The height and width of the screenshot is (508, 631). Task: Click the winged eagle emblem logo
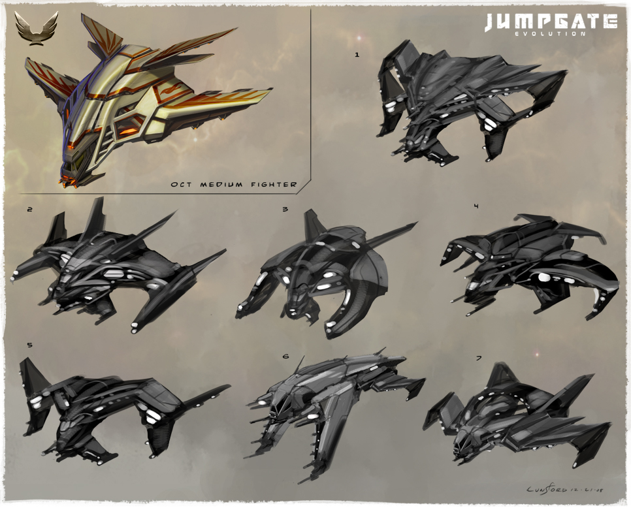[x=36, y=28]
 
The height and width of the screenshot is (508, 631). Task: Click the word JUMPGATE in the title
[x=551, y=22]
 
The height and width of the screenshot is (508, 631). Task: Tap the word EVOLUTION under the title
[x=551, y=34]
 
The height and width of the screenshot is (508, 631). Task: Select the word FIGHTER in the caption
[x=274, y=185]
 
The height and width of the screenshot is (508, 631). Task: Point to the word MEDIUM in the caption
[x=221, y=185]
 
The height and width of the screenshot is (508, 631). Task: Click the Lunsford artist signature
[x=565, y=488]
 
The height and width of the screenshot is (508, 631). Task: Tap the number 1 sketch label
[x=357, y=55]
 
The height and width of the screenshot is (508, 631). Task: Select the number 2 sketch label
[x=29, y=209]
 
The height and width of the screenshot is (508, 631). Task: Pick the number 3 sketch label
[x=285, y=209]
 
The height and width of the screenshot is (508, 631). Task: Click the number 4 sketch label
[x=476, y=206]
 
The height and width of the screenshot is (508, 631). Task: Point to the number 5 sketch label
[x=29, y=345]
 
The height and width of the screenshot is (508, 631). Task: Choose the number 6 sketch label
[x=285, y=356]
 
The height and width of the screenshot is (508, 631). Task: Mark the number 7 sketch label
[x=479, y=358]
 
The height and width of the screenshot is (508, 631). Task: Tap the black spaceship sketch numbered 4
[x=531, y=266]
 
